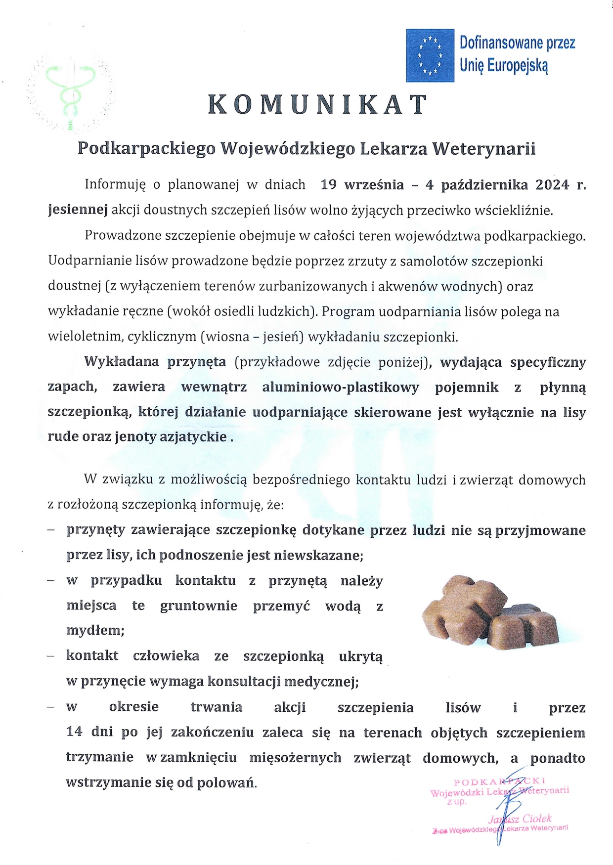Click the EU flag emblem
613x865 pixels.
click(430, 55)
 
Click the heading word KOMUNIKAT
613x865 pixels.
click(317, 105)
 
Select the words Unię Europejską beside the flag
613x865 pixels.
click(504, 65)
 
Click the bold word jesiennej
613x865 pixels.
click(78, 210)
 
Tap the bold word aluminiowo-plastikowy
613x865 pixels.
click(340, 387)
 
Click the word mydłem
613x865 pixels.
click(94, 631)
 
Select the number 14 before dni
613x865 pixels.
click(74, 732)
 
